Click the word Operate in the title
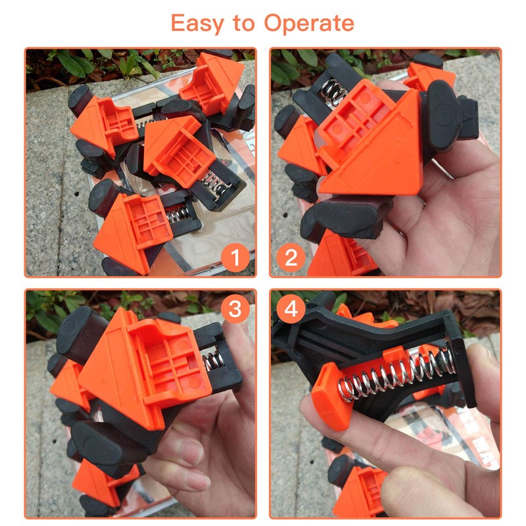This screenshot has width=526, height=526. tap(309, 24)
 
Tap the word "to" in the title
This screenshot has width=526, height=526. tap(244, 24)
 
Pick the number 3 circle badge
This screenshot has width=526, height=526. tap(234, 309)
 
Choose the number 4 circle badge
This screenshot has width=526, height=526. tap(292, 309)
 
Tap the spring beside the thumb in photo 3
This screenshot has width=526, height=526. tap(211, 361)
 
